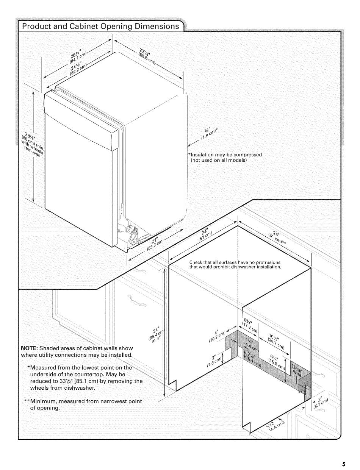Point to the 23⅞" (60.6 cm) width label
pos(147,56)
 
